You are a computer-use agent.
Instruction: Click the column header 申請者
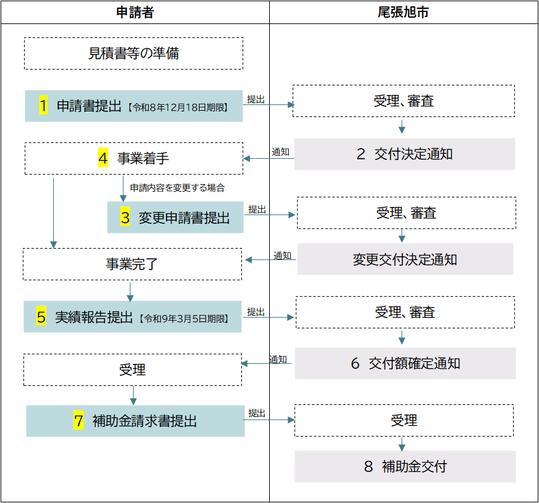tap(135, 13)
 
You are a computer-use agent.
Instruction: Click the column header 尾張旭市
tap(403, 13)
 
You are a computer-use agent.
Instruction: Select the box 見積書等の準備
tap(134, 54)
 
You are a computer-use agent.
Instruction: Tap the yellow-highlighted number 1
tap(43, 105)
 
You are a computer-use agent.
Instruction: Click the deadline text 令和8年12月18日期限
tap(178, 108)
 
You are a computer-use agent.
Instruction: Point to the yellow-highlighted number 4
tap(103, 158)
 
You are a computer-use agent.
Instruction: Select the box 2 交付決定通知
tap(405, 154)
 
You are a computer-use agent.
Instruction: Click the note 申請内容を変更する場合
tap(177, 187)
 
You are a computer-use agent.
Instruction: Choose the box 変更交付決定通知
tap(405, 259)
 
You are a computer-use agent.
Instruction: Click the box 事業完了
tap(132, 264)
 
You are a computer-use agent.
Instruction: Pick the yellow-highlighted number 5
tap(41, 316)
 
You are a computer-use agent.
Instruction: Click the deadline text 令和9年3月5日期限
tap(184, 319)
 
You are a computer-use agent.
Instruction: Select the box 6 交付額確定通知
tap(405, 364)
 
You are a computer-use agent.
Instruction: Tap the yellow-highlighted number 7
tap(79, 420)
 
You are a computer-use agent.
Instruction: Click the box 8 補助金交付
tap(405, 466)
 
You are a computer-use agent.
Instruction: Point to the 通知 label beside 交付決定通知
tap(281, 152)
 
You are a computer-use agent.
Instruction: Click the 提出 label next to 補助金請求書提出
tap(257, 413)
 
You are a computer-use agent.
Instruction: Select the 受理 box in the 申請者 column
tap(132, 369)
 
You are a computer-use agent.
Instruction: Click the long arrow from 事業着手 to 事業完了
tap(53, 213)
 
